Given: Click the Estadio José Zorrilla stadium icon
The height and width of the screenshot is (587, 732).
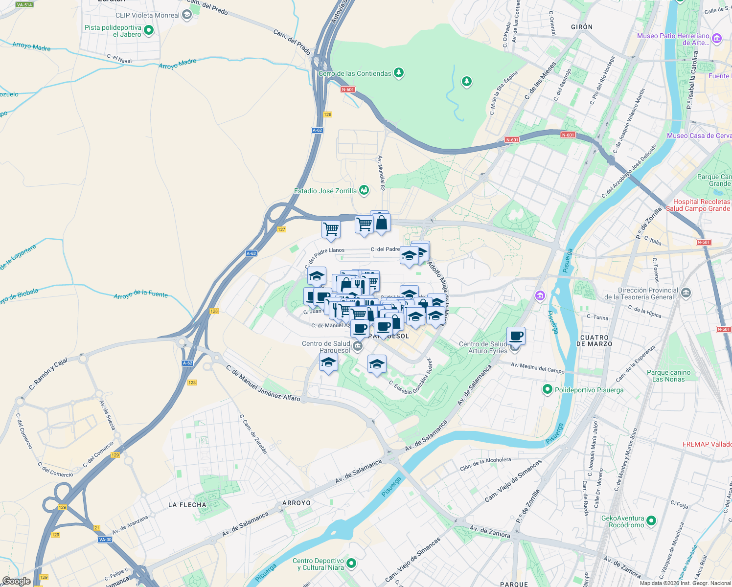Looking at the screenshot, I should click(x=364, y=190).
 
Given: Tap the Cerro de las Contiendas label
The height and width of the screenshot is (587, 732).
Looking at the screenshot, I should click(x=355, y=74).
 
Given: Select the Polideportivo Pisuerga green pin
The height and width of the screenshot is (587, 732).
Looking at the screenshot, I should click(x=548, y=390).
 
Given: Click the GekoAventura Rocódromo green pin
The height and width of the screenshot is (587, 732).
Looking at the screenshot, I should click(x=651, y=521).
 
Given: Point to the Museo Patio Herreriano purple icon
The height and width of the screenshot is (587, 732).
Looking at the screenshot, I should click(x=717, y=38).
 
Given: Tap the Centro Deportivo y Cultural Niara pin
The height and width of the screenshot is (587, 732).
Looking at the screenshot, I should click(x=351, y=564).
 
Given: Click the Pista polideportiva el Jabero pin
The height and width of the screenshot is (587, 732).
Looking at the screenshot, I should click(x=149, y=30).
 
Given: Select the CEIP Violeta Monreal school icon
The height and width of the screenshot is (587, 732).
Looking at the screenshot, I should click(x=186, y=15).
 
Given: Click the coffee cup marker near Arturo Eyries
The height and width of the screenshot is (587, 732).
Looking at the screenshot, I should click(x=516, y=337).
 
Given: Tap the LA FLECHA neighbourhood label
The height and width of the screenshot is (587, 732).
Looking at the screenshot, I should click(x=187, y=505).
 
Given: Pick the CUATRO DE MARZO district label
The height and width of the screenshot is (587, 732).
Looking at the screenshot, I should click(x=594, y=341).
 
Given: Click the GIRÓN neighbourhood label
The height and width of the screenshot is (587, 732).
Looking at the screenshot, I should click(x=582, y=27).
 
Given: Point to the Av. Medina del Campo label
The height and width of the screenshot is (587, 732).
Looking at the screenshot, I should click(x=537, y=368).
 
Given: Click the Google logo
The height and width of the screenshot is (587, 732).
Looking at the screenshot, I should click(x=16, y=581).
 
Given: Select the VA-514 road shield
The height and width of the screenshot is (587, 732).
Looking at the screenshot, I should click(x=24, y=5).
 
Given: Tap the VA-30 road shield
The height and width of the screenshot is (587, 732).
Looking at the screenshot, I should click(x=105, y=540).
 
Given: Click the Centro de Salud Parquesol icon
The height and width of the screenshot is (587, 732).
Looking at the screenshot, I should click(x=358, y=347).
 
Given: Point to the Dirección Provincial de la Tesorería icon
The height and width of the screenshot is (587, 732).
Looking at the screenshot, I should click(x=686, y=293).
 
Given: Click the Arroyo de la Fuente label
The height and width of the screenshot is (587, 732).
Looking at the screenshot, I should click(x=140, y=294).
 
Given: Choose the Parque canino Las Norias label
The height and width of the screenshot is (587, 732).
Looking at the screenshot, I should click(x=668, y=376).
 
